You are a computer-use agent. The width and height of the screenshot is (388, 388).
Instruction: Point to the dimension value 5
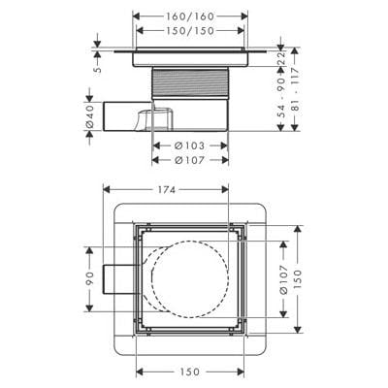pyautogui.click(x=97, y=69)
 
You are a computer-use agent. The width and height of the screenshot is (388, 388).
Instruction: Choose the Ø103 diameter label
pyautogui.click(x=191, y=146)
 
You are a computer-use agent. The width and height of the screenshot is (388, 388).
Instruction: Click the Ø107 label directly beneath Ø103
pyautogui.click(x=191, y=160)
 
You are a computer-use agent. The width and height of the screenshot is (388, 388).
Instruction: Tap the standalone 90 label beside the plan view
pyautogui.click(x=90, y=280)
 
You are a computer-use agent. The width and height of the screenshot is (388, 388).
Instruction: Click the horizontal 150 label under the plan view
pyautogui.click(x=190, y=371)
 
